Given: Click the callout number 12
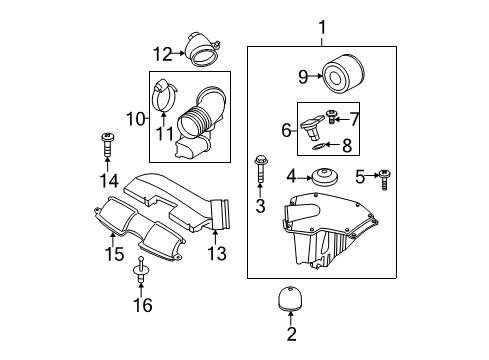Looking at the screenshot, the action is [163, 54].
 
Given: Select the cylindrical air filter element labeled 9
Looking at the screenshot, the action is [344, 74].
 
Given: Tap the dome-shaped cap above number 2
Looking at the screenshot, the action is [291, 298].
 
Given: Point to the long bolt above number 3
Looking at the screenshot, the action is [260, 168].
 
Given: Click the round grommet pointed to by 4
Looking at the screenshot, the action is [325, 176].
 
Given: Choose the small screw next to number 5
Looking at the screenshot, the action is [384, 179].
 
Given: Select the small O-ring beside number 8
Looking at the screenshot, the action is [319, 146].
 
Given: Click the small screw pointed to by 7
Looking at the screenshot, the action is [331, 117].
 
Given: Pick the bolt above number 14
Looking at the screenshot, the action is [107, 144].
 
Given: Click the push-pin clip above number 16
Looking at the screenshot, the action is [141, 270].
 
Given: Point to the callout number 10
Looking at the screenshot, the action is [136, 119].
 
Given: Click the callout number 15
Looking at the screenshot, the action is [114, 254].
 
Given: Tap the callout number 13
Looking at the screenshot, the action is [217, 253].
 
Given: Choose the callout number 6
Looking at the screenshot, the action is [286, 130].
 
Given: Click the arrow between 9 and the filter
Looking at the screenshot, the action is [315, 76].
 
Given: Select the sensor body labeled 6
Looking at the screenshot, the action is [311, 128].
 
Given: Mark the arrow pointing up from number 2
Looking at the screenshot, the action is [291, 318].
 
